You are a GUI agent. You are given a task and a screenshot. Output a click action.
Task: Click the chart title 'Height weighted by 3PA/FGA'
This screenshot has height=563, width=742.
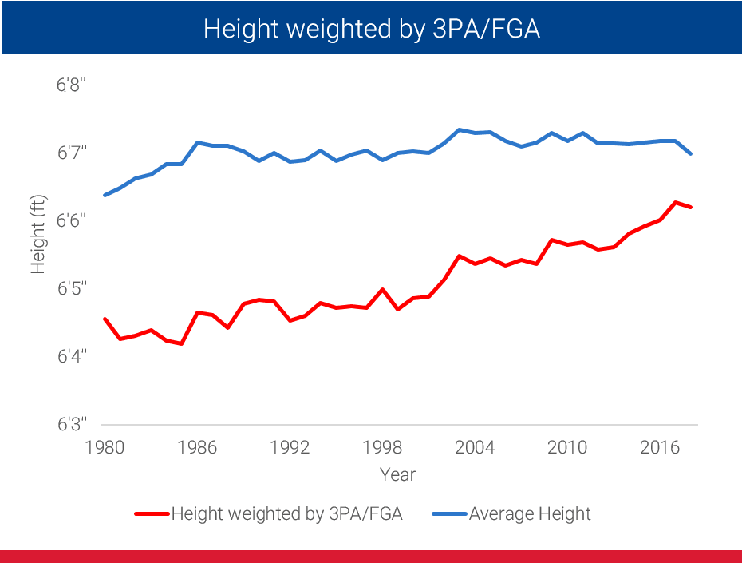click(x=371, y=29)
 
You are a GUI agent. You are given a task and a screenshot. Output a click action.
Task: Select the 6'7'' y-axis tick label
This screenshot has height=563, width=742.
click(x=72, y=152)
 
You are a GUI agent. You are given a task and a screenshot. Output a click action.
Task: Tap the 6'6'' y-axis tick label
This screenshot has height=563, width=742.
click(x=72, y=220)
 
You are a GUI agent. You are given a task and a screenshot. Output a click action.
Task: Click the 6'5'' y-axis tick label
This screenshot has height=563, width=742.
click(x=72, y=287)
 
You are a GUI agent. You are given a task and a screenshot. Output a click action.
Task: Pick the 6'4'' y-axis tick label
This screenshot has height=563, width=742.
click(x=72, y=355)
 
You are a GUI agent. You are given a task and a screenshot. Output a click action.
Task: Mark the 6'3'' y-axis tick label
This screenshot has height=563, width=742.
click(x=72, y=423)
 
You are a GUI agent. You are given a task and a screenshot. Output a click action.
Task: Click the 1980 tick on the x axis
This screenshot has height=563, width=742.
click(x=105, y=447)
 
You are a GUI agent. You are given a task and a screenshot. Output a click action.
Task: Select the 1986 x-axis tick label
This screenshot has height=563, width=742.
click(x=197, y=447)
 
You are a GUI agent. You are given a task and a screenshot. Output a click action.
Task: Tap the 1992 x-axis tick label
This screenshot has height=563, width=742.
click(x=290, y=447)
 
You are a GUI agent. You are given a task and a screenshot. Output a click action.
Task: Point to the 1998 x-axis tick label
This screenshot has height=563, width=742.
click(x=382, y=447)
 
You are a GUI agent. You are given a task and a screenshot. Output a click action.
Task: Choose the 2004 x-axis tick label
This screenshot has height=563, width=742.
click(x=475, y=447)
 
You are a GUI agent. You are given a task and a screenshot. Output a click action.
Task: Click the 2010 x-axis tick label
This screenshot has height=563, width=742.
click(x=567, y=447)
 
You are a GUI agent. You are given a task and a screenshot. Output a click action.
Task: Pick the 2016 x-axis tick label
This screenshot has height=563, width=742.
click(x=660, y=447)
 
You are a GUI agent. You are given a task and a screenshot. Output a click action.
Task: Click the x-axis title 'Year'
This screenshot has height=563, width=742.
click(x=397, y=474)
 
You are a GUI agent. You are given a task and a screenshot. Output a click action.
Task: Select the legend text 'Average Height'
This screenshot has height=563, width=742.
click(x=530, y=513)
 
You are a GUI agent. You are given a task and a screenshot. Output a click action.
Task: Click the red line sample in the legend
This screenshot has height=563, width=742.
click(x=152, y=513)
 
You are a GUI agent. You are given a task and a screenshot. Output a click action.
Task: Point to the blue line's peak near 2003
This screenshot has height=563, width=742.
click(x=460, y=129)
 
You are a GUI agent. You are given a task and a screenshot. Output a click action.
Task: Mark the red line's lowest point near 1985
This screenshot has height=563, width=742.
click(x=183, y=344)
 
